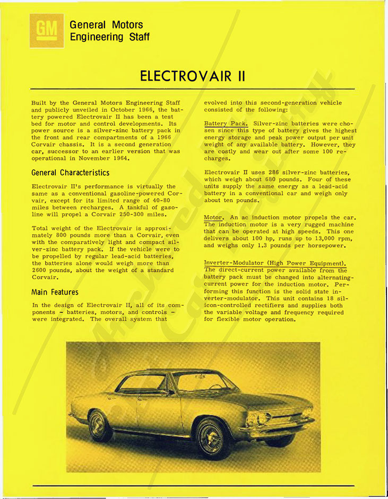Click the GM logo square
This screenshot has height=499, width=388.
tap(47, 31)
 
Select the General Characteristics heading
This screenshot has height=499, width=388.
tap(71, 173)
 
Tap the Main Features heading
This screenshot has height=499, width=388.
tap(55, 292)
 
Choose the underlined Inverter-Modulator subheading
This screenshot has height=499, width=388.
tap(275, 263)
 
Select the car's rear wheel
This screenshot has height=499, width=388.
tap(100, 425)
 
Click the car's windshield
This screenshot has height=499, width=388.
tap(197, 381)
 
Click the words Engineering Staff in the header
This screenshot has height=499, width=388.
tap(109, 37)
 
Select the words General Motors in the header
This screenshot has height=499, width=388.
tap(106, 24)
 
